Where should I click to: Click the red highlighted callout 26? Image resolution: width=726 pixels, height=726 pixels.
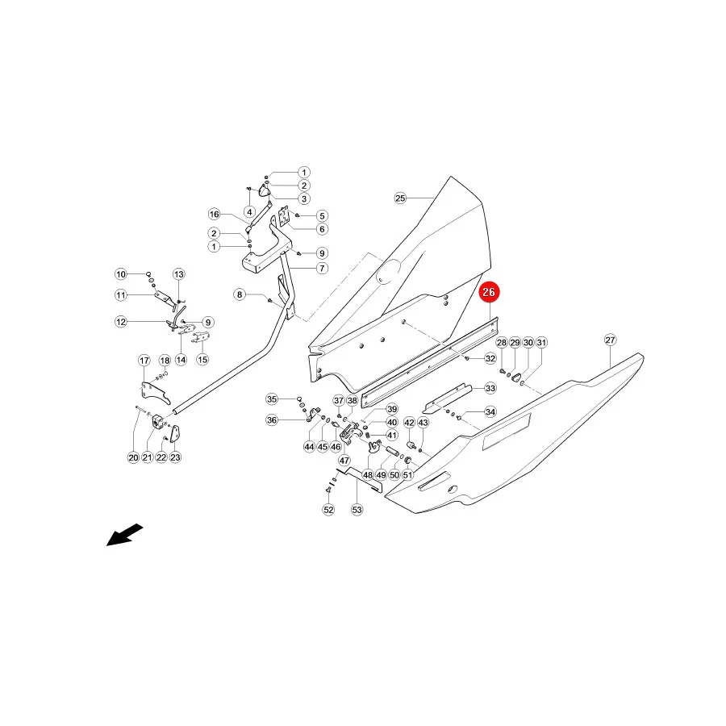489,292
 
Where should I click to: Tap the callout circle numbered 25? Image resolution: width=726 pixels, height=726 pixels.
400,198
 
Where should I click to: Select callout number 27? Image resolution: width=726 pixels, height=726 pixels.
611,340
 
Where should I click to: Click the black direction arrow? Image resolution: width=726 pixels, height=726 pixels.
124,535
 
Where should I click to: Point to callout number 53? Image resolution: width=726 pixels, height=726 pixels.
357,510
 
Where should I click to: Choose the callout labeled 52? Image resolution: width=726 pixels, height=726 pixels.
328,510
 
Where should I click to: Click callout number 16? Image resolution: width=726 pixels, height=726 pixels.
214,214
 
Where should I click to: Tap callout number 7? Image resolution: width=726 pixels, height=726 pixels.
322,268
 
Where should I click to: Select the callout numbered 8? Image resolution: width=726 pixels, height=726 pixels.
240,294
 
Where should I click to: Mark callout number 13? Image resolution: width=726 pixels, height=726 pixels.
179,274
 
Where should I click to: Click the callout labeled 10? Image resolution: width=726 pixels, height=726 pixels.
121,274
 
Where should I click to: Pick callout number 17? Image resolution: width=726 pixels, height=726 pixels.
144,361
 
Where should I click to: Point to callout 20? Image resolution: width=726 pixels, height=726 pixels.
133,457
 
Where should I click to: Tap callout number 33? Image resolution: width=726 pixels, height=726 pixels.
490,388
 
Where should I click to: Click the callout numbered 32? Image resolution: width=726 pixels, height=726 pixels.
490,358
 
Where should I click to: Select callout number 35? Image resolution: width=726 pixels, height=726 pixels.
272,399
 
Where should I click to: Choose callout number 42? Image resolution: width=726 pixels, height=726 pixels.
409,422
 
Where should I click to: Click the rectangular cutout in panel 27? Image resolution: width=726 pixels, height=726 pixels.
507,432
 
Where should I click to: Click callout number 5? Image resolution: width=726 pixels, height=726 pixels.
322,215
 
